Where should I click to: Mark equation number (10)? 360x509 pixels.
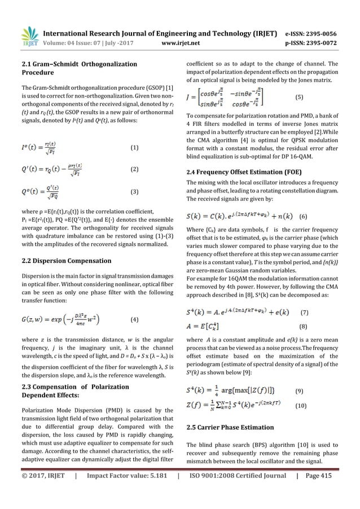(301, 405)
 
